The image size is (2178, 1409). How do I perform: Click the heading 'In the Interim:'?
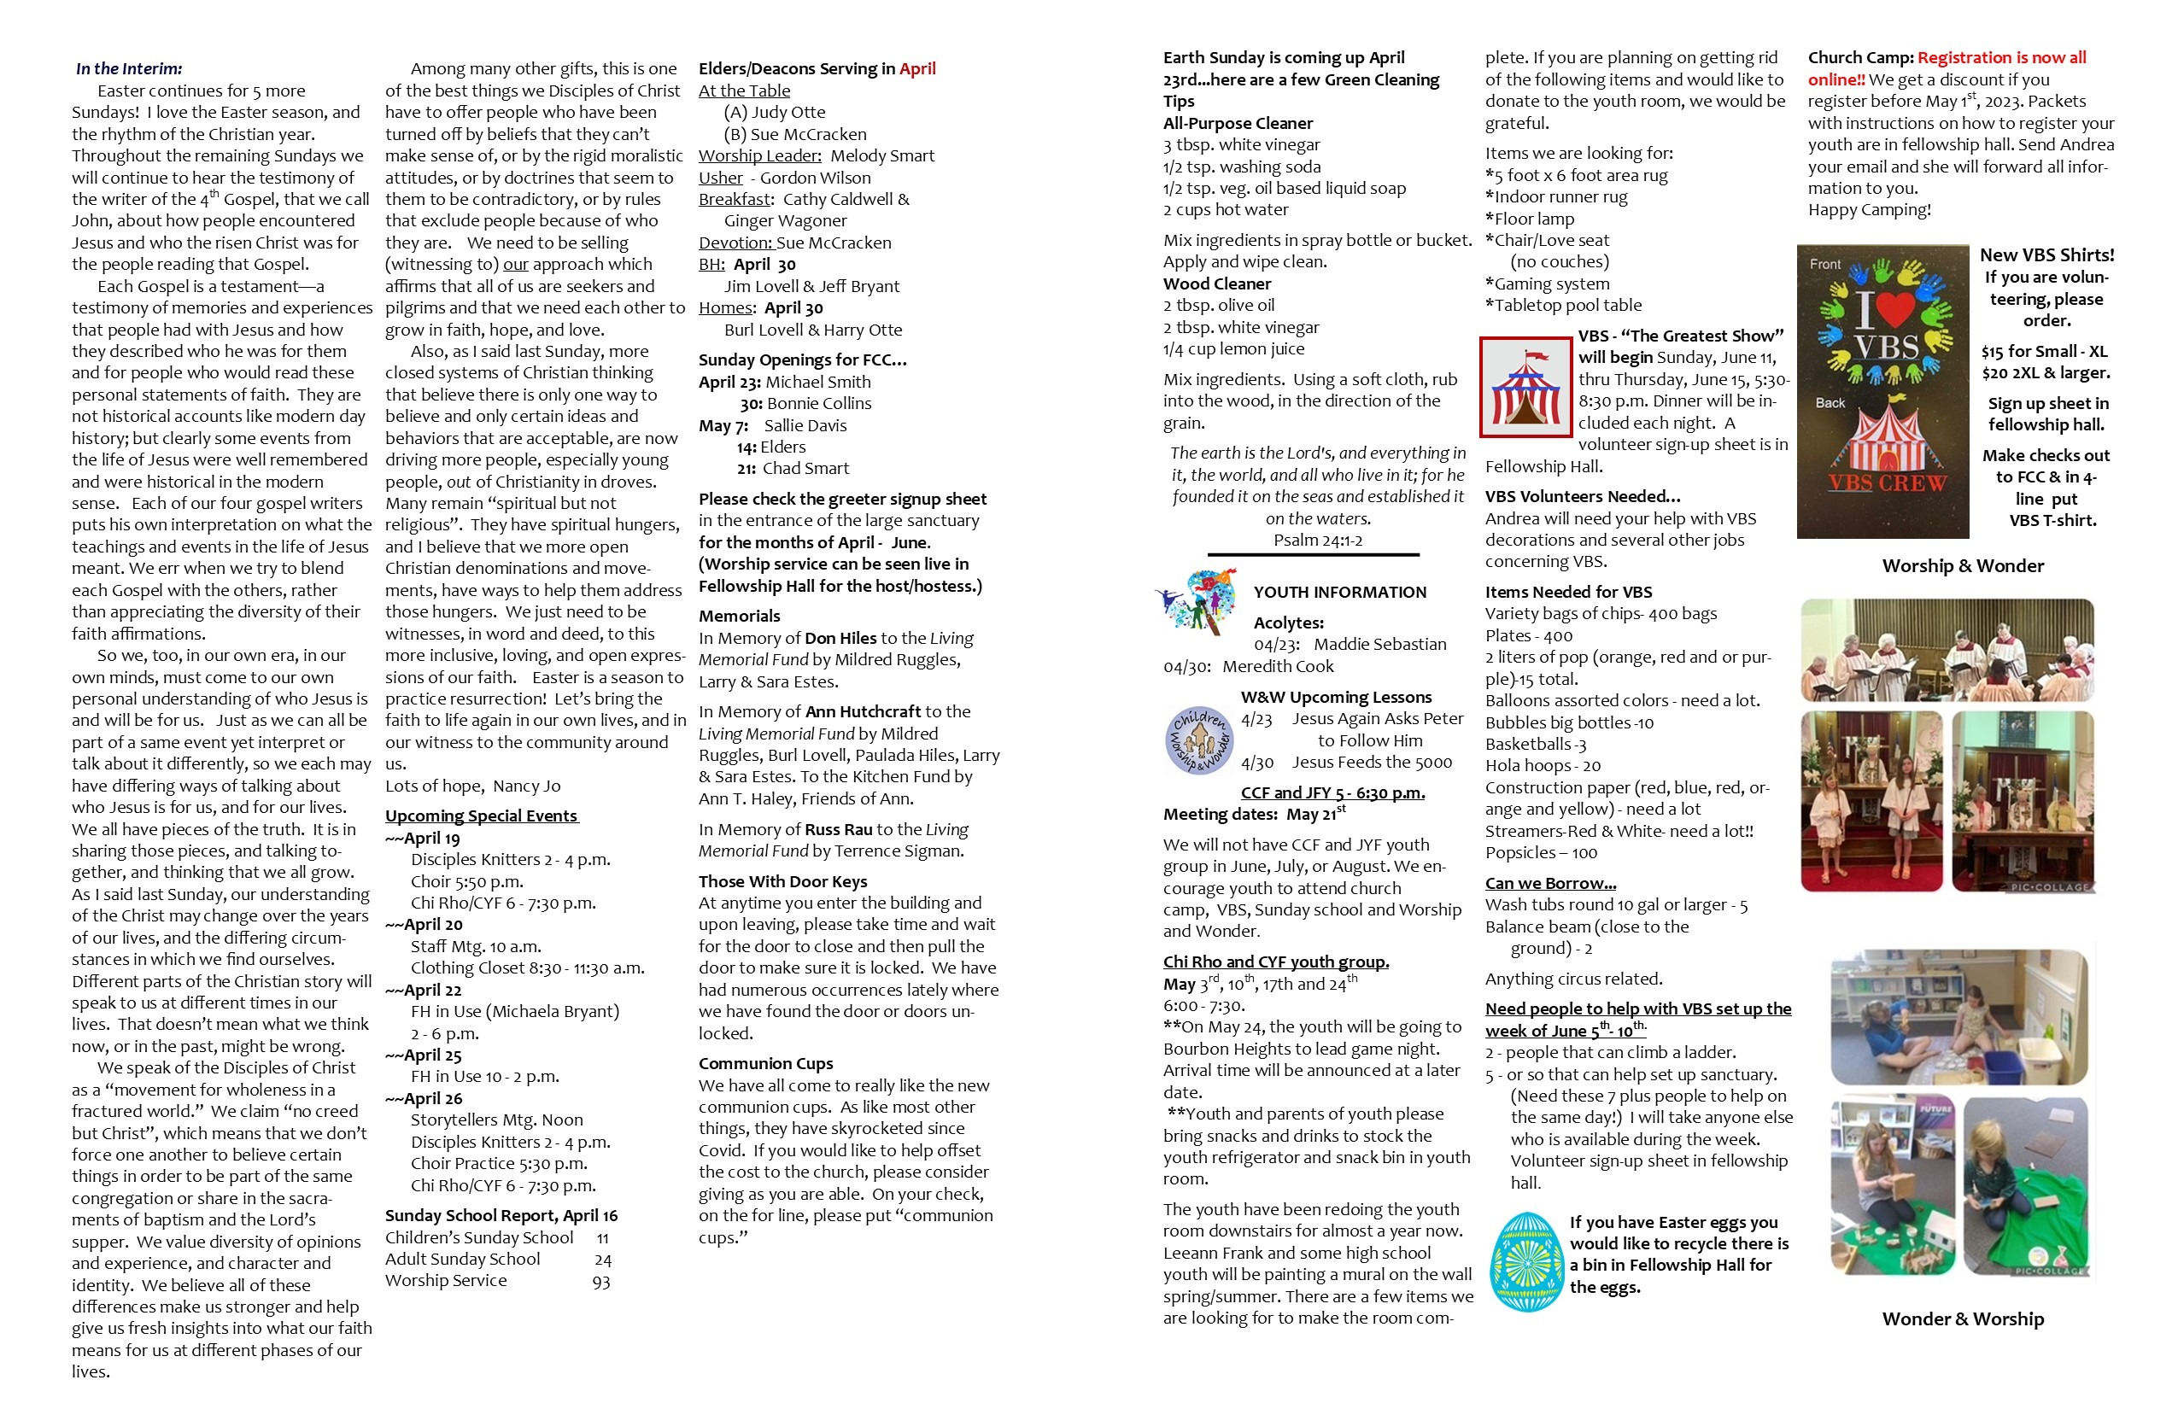129,68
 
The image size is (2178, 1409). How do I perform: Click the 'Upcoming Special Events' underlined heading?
482,816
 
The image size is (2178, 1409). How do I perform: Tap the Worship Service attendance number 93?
600,1281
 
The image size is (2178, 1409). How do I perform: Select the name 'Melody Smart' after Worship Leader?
882,155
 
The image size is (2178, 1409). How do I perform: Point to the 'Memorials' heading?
740,616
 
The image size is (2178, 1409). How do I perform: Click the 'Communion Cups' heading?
766,1063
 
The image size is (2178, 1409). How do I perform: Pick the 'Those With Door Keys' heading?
782,881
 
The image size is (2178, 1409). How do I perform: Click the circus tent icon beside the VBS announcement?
1525,387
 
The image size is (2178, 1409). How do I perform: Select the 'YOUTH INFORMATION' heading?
1340,592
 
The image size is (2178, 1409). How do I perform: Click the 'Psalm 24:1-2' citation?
1318,540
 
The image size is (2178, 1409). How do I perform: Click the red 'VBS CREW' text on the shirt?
1887,482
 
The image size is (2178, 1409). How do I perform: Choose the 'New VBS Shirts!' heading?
2047,255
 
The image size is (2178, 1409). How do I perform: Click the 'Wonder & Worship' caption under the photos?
1963,1318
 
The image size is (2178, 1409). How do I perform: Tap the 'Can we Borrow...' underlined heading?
1550,883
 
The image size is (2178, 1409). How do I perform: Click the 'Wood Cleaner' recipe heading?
1217,284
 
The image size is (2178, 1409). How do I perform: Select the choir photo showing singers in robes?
1947,651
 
